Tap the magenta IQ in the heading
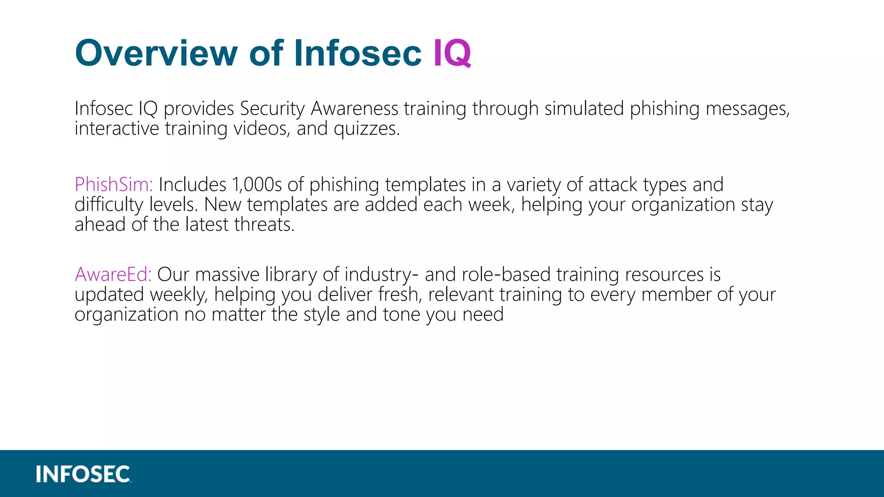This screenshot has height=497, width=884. click(x=452, y=53)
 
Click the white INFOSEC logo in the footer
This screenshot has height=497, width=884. click(x=83, y=474)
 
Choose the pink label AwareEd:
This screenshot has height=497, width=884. click(x=113, y=274)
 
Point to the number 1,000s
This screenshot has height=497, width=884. click(x=257, y=185)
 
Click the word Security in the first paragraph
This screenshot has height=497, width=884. click(x=272, y=108)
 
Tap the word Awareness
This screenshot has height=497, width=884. click(x=354, y=108)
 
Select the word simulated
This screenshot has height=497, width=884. click(x=584, y=108)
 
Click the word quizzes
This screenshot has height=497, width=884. click(x=367, y=129)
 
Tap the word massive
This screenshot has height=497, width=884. click(x=227, y=274)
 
